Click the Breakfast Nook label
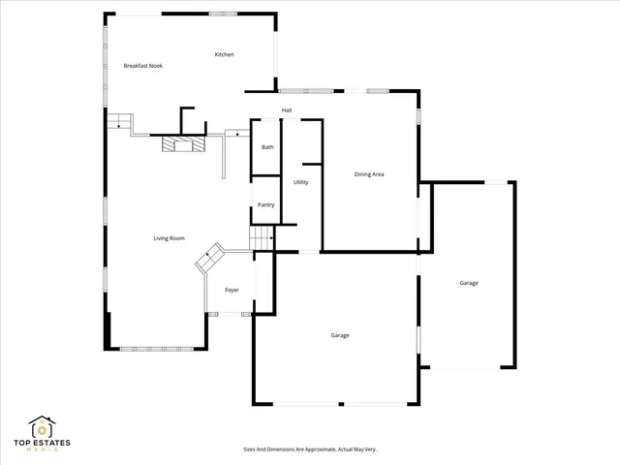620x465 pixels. [142, 66]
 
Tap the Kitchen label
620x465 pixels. [224, 54]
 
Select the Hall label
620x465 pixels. [287, 110]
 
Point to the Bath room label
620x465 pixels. [267, 147]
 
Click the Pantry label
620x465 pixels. [265, 204]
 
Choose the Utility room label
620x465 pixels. [301, 182]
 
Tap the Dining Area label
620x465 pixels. [369, 174]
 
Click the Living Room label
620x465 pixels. [169, 238]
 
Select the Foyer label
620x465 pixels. [232, 290]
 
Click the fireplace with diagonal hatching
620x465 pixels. [183, 145]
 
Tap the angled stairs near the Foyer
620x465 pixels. [210, 261]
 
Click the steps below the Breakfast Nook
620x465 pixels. [118, 121]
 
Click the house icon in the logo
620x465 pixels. [41, 427]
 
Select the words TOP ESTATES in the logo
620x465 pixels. [41, 444]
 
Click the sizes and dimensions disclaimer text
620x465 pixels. [310, 449]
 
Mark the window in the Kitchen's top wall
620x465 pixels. [223, 15]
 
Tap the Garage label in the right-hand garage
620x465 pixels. [469, 283]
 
